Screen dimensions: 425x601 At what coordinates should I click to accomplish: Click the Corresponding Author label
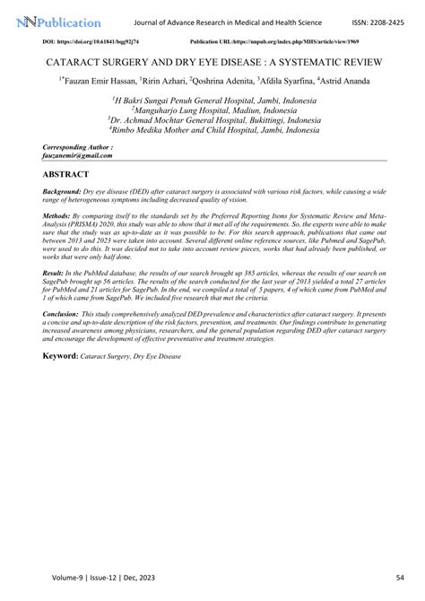pos(78,145)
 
